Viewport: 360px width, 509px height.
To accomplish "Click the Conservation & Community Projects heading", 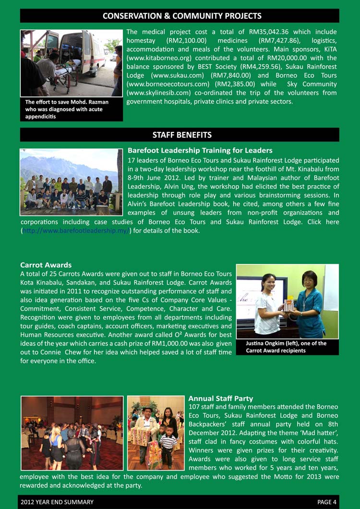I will pos(182,16).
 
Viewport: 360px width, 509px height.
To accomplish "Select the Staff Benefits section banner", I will pos(182,135).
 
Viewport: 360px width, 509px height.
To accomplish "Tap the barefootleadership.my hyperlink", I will pos(75,231).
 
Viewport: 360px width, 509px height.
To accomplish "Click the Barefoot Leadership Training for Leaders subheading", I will pos(200,150).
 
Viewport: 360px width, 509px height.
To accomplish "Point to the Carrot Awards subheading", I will pos(46,265).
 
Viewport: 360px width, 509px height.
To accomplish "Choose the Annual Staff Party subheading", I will pos(220,398).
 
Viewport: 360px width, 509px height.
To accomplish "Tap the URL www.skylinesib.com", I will pos(157,93).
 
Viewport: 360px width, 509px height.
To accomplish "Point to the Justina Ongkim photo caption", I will pos(286,347).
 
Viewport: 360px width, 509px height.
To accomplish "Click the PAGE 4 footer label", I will pos(327,502).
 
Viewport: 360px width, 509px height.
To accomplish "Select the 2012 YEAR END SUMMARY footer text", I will pos(57,502).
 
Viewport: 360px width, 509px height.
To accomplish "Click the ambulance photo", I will pos(71,63).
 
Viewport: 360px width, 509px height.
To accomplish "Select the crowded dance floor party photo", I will pos(72,433).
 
